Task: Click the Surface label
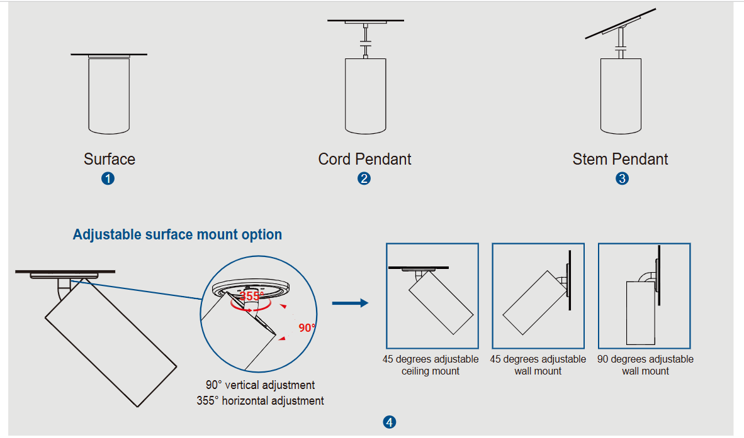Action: click(110, 159)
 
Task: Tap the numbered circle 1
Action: click(108, 178)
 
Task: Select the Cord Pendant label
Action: click(364, 159)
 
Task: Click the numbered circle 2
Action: click(364, 178)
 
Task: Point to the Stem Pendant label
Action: click(620, 159)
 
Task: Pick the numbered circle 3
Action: click(622, 178)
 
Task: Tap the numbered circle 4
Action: click(390, 422)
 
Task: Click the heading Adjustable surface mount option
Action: click(178, 234)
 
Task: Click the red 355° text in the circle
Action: click(252, 296)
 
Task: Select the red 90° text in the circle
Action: click(307, 327)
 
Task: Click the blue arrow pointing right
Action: click(350, 303)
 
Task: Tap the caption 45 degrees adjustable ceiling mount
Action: click(431, 365)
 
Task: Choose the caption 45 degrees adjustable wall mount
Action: click(538, 365)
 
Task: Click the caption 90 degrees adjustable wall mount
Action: click(645, 365)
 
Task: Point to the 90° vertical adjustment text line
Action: click(260, 385)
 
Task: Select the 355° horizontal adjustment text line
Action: click(260, 400)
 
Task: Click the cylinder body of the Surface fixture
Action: click(109, 96)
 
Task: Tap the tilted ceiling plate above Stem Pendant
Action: click(621, 23)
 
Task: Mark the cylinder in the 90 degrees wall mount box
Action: click(641, 313)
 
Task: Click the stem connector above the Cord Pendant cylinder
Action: click(365, 41)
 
